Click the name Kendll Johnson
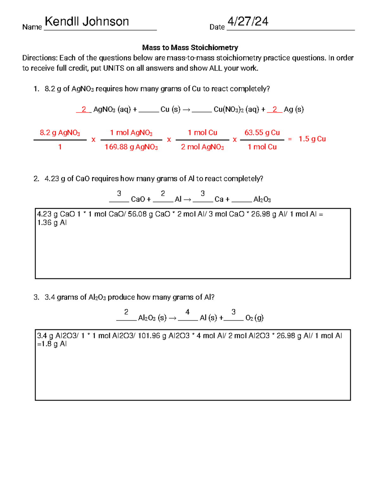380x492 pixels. click(87, 22)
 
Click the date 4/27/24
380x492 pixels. click(248, 22)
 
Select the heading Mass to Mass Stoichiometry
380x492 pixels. click(190, 48)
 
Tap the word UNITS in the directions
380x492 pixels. click(114, 68)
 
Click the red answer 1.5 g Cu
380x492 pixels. click(312, 139)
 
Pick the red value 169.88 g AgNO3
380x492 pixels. click(131, 147)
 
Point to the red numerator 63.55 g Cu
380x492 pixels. click(262, 132)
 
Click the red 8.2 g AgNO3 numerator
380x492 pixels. click(60, 132)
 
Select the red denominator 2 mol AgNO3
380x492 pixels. click(202, 147)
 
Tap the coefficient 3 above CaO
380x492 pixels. click(119, 193)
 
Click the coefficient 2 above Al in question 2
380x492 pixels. click(163, 193)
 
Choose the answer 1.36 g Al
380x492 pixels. click(52, 223)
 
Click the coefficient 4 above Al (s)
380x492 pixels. click(187, 312)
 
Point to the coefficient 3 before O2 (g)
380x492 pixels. click(233, 312)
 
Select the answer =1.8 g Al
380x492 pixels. click(52, 344)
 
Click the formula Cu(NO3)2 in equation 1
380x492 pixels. click(228, 109)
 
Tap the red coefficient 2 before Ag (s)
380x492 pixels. click(275, 109)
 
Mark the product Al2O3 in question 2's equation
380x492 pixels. click(262, 199)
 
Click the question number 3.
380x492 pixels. click(36, 297)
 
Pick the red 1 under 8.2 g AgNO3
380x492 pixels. click(60, 147)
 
